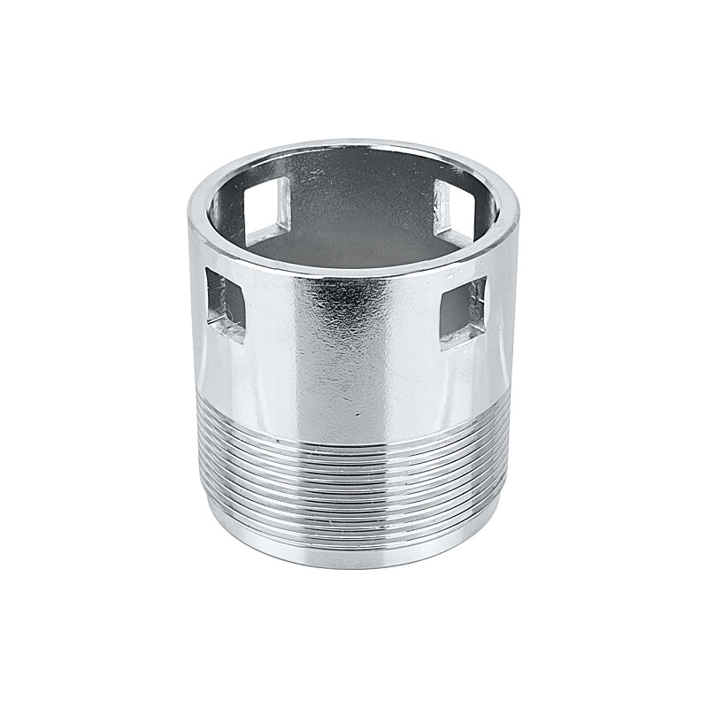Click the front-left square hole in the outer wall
click(225, 301)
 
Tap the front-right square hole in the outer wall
click(462, 310)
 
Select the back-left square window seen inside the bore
click(268, 206)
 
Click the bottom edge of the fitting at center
click(354, 566)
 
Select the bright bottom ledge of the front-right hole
click(462, 335)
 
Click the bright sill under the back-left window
click(265, 235)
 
